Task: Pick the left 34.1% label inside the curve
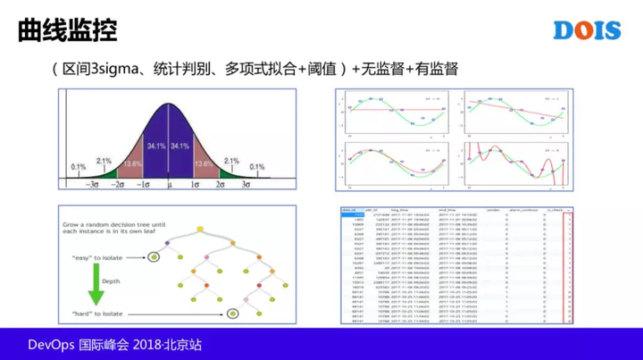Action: tap(155, 146)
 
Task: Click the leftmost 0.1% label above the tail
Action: tap(79, 167)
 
